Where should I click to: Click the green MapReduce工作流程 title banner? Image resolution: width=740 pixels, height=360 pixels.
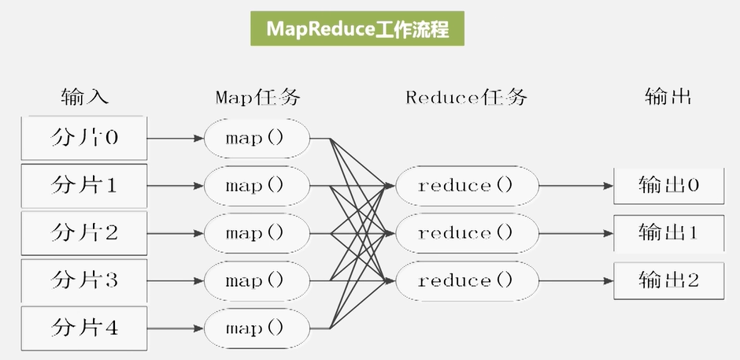(357, 30)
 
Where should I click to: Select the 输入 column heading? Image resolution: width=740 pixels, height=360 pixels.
(84, 97)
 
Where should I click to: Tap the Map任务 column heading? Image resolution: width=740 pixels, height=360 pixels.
(257, 97)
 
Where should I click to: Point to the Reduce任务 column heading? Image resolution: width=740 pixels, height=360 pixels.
(466, 97)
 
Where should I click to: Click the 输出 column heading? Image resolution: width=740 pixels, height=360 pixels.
(668, 97)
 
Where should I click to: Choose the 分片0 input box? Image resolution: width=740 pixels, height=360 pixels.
(84, 139)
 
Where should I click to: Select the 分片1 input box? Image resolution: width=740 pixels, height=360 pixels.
(84, 186)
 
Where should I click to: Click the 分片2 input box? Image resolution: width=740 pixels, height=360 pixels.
(84, 233)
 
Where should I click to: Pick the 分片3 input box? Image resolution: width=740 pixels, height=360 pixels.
(84, 280)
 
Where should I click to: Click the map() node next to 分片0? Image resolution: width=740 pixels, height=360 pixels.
(257, 139)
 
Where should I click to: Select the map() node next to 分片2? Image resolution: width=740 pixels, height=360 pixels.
(257, 233)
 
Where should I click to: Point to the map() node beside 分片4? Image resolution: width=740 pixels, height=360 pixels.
(257, 326)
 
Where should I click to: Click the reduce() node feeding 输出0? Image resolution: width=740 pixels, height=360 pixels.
(466, 186)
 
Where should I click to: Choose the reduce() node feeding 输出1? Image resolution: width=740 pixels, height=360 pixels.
(466, 233)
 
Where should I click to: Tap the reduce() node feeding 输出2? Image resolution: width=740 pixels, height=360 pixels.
(466, 280)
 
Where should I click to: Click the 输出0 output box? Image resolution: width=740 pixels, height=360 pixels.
(668, 186)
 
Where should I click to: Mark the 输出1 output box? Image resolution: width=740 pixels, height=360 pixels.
(668, 233)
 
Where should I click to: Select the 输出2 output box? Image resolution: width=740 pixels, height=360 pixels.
(668, 280)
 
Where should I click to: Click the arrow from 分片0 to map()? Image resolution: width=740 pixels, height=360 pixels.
(176, 139)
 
